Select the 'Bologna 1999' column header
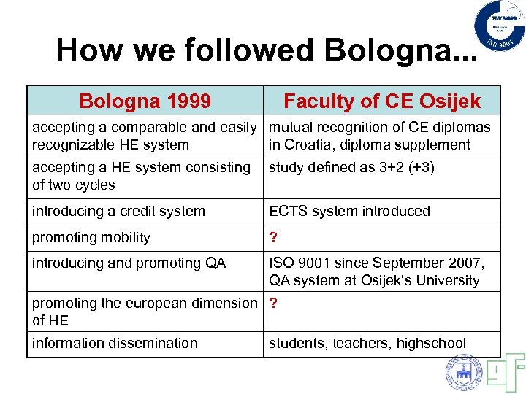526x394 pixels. coord(145,101)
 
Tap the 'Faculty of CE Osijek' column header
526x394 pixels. coord(381,101)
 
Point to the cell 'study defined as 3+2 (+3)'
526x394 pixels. coord(351,168)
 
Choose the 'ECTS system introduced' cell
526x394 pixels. coord(349,212)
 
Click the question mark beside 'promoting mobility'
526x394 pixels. coord(273,238)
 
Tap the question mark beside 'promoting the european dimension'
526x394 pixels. coord(273,303)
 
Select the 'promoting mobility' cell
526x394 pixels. coord(91,238)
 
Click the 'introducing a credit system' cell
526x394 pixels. coord(118,212)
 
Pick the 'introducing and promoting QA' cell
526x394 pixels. coord(129,263)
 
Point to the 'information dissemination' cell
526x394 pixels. coord(115,343)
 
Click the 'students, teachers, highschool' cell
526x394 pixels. coord(367,343)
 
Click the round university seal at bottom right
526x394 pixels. coord(464,373)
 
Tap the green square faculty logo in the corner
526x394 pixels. coord(503,373)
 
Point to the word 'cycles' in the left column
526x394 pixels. coord(95,185)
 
